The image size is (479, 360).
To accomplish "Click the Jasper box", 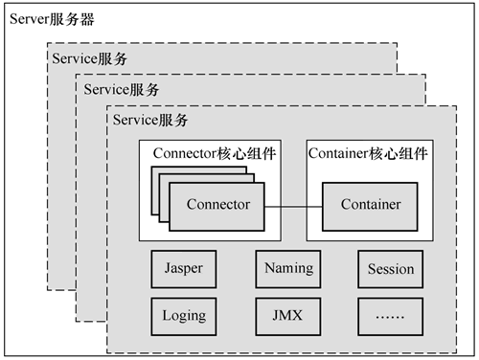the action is coord(184,269).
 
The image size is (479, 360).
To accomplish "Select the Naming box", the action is coord(288,269).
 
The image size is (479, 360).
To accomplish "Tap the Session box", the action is coord(391,269).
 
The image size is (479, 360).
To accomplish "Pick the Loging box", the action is coord(184,317).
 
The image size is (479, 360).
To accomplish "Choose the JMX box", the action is coord(288,317).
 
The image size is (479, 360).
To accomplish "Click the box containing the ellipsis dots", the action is coord(391,317).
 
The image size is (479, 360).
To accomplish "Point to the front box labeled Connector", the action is coord(217,207).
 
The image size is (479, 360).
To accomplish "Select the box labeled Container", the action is coord(370,207).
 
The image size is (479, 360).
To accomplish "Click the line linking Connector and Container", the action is coord(293,207).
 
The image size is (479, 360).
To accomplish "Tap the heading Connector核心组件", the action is coord(215,153).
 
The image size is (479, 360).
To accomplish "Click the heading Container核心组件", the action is coord(368,153).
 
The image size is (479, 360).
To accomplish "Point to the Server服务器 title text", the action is coord(52,19).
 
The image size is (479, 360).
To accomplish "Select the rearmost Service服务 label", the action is coord(89,58).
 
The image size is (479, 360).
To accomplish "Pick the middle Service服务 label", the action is coord(122,89).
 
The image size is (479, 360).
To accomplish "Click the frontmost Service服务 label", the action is coord(150,121).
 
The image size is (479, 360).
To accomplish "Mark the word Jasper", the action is coord(184,268).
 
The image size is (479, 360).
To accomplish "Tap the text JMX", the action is coord(287,315).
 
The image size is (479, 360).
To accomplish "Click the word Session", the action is coord(391,269).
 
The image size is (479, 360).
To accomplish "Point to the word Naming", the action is coord(289,268).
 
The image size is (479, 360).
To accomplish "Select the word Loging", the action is coord(184,316).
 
